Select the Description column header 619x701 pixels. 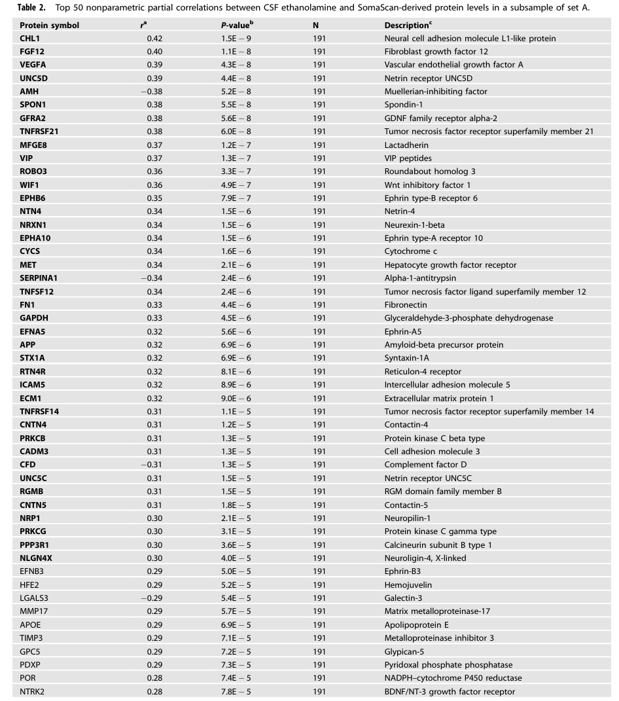407,25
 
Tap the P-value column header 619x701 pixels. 237,25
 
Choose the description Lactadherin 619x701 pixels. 406,145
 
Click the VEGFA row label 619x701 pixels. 33,65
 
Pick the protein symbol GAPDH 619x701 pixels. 33,318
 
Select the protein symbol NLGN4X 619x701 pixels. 36,558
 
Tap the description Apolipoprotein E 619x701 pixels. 416,625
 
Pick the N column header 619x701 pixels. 316,25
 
